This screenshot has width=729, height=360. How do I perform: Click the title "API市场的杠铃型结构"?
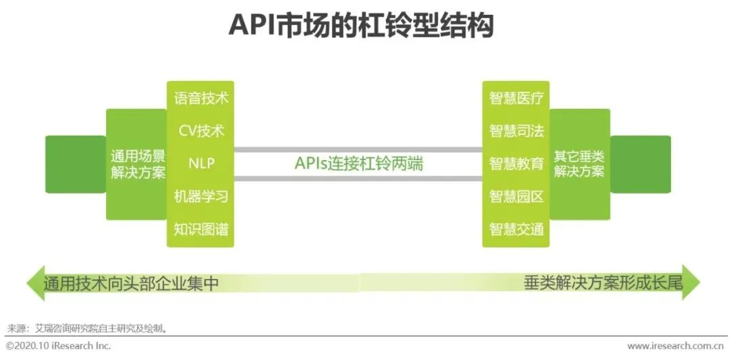click(x=362, y=26)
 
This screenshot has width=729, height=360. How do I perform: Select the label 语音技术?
click(x=201, y=98)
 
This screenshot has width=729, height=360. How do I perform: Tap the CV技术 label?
click(x=201, y=130)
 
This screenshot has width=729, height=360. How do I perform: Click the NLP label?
click(x=201, y=163)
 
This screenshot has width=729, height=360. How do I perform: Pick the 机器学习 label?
click(x=201, y=197)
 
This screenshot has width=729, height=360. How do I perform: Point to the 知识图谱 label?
click(x=201, y=229)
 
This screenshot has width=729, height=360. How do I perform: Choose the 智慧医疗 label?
click(x=516, y=98)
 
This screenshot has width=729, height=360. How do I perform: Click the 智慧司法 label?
click(x=516, y=130)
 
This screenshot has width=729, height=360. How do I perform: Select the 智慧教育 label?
click(x=516, y=163)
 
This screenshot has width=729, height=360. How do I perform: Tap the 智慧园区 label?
click(x=516, y=197)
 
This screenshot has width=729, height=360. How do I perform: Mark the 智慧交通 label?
click(x=516, y=229)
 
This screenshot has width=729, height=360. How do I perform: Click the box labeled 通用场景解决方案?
click(x=138, y=164)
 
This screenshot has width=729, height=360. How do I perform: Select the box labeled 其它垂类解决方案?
click(x=579, y=163)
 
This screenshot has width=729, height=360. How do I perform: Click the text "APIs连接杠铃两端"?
click(x=358, y=163)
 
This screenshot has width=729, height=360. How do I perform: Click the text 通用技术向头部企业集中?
click(x=131, y=283)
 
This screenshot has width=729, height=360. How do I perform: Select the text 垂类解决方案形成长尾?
click(x=603, y=283)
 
